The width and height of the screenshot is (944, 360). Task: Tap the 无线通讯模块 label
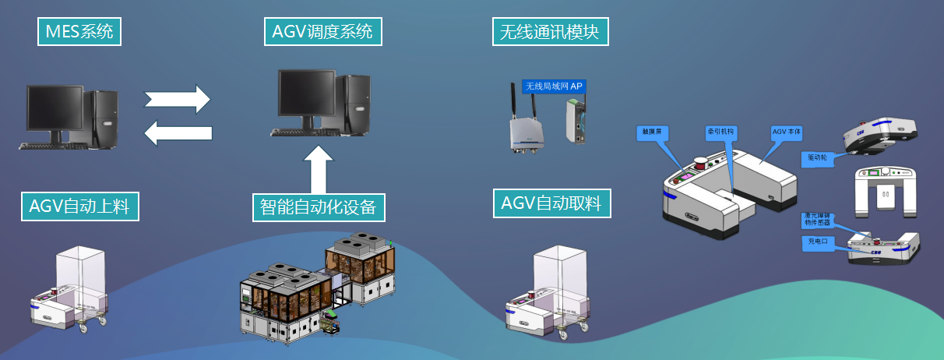click(551, 32)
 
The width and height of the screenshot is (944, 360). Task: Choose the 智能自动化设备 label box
click(319, 207)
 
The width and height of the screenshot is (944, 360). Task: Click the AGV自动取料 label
click(552, 203)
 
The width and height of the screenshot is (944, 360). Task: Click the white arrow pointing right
click(178, 99)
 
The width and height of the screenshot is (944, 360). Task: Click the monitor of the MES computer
click(55, 110)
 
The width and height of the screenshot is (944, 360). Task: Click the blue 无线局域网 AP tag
click(554, 86)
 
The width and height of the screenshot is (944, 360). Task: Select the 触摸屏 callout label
click(652, 132)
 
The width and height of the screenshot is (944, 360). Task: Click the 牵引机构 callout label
click(720, 132)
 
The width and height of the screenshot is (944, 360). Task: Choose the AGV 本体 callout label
click(787, 132)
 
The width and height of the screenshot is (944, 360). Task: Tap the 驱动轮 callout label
click(817, 158)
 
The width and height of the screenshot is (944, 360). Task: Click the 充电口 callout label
click(816, 242)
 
